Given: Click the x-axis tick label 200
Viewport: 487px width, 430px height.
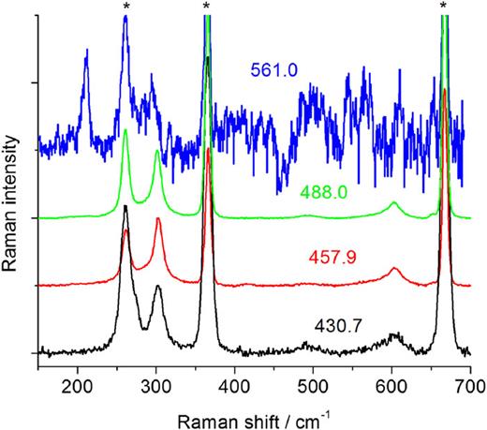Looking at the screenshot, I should (76, 384).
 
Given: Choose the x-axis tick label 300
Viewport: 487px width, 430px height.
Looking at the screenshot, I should (155, 384).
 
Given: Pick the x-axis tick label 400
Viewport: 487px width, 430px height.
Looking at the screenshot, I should (234, 384).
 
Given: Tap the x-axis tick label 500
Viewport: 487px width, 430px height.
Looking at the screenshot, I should (313, 384).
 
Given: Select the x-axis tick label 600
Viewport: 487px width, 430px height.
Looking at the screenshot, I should (391, 384).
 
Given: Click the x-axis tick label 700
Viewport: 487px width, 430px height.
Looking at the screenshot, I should (468, 384).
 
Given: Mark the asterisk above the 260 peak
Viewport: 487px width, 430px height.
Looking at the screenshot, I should (125, 7).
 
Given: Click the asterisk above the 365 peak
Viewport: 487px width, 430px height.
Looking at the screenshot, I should (206, 7).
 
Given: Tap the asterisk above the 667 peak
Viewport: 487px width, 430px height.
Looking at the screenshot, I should (444, 7).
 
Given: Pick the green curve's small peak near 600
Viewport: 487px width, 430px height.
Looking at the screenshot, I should (393, 203).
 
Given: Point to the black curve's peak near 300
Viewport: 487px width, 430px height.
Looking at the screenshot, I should (157, 288).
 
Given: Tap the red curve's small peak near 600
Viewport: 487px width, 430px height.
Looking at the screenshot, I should (394, 269).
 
